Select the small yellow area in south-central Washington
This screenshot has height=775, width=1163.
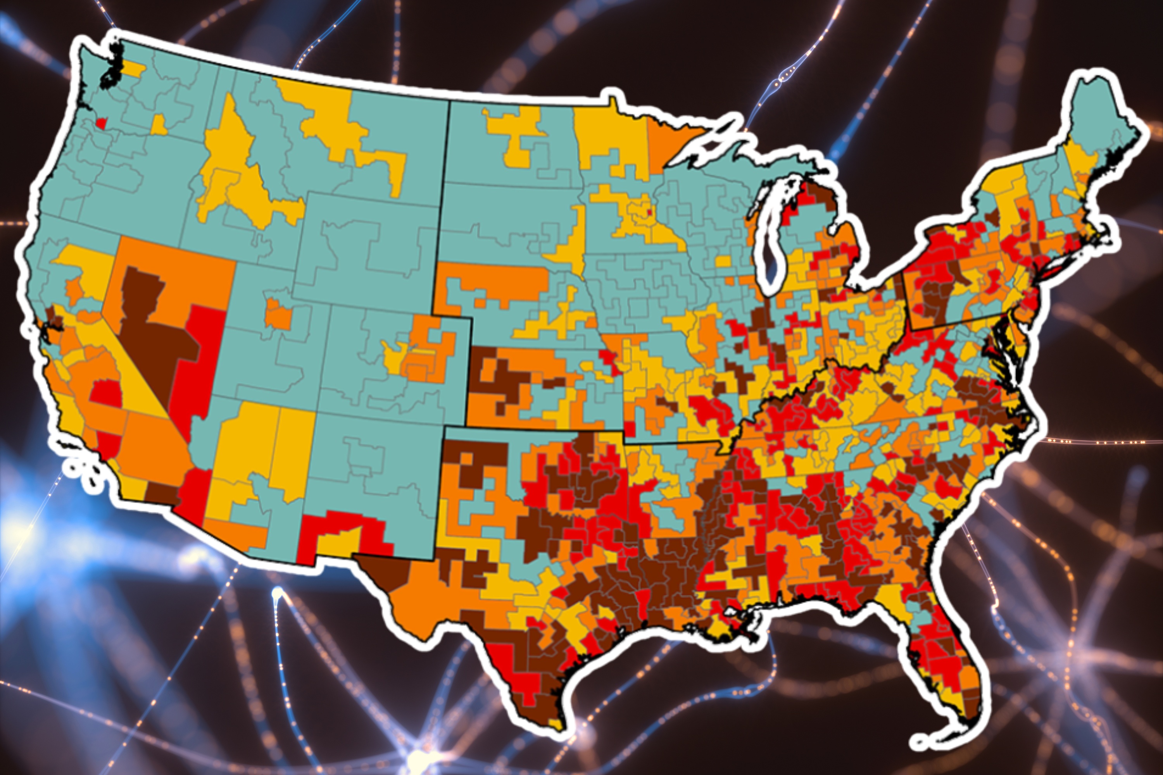point(158,126)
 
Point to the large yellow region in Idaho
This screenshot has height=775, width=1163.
point(232,163)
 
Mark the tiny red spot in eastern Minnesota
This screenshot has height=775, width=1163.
point(649,214)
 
